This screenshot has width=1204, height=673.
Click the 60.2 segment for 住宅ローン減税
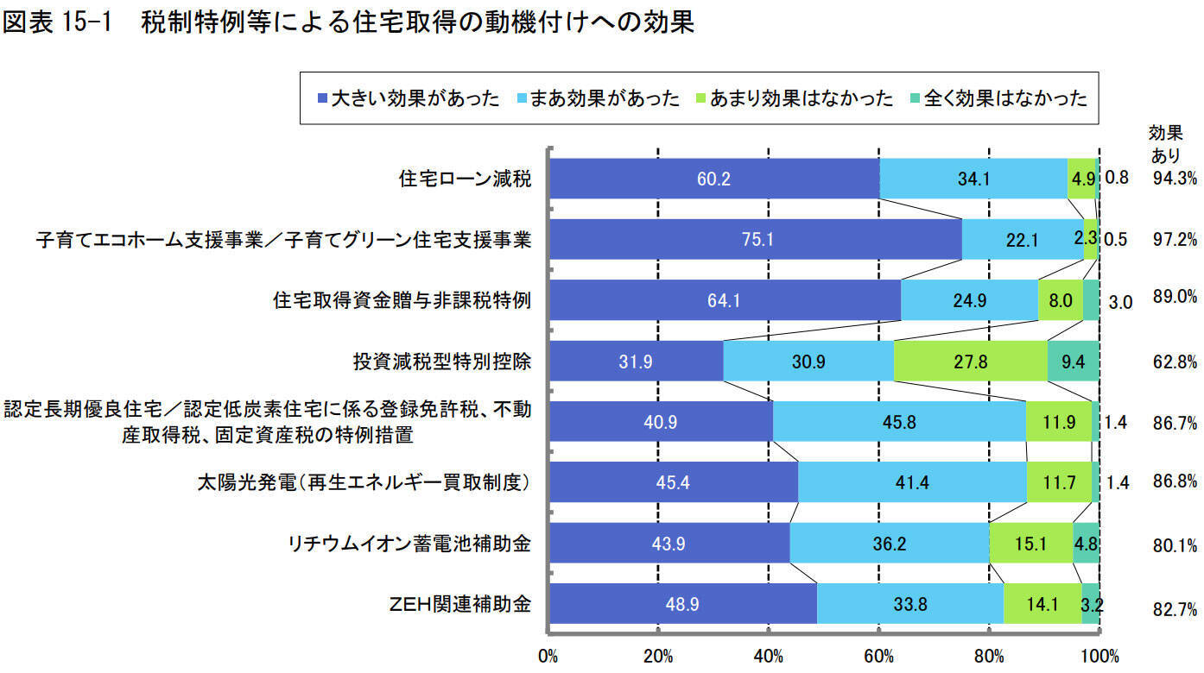[x=713, y=179]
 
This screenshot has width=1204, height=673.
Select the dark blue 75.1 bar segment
[x=755, y=240]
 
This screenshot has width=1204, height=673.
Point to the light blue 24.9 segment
[x=969, y=300]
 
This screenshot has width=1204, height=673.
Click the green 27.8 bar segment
[x=970, y=362]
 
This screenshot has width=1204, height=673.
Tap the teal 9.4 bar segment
[x=1073, y=362]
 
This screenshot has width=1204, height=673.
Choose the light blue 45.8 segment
[x=898, y=422]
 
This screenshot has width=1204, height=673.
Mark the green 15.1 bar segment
[x=1030, y=544]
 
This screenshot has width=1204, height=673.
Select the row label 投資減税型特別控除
[x=441, y=362]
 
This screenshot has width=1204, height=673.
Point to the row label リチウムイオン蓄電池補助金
[x=409, y=544]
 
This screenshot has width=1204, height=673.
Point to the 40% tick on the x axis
[x=768, y=655]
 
